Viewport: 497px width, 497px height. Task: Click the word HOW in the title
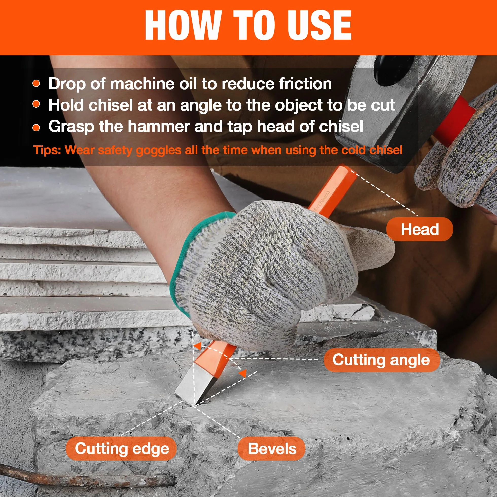[x=183, y=25]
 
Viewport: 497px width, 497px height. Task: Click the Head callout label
[x=420, y=229]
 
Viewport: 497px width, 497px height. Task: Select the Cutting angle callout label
[x=381, y=360]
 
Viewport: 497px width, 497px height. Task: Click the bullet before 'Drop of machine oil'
[x=37, y=84]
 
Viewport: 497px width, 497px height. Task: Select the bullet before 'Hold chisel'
[x=37, y=104]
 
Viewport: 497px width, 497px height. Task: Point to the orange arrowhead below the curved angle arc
[x=243, y=374]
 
